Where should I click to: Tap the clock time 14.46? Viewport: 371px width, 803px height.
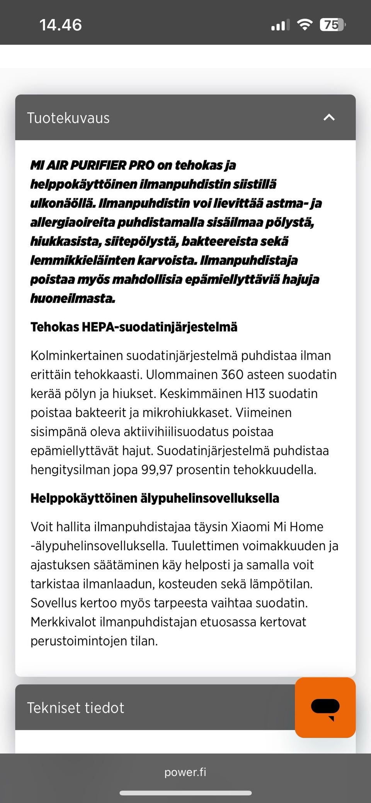(61, 25)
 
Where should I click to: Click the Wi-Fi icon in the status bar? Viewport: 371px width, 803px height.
(305, 25)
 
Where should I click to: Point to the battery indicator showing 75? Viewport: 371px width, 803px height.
(332, 25)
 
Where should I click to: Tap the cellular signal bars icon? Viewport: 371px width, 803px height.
(280, 26)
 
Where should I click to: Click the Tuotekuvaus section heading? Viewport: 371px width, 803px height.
(68, 118)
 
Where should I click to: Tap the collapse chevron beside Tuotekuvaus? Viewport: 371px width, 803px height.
(329, 117)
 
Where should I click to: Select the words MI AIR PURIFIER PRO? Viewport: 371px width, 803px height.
(92, 165)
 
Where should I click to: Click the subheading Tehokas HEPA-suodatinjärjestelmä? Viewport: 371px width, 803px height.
(134, 327)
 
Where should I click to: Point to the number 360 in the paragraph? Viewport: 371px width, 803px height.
(232, 374)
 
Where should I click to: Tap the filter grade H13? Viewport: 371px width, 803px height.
(255, 393)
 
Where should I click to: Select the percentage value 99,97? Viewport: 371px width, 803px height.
(157, 470)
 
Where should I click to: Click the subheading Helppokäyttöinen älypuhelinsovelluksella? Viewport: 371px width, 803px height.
(155, 498)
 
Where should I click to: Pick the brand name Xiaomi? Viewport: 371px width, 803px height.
(250, 527)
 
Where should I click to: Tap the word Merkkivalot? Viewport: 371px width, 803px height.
(63, 622)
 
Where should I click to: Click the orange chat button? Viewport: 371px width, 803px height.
(325, 708)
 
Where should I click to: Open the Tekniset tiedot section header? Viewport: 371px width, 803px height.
(76, 708)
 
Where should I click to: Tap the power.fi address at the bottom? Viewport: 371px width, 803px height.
(185, 772)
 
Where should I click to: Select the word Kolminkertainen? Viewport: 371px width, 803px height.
(77, 356)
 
